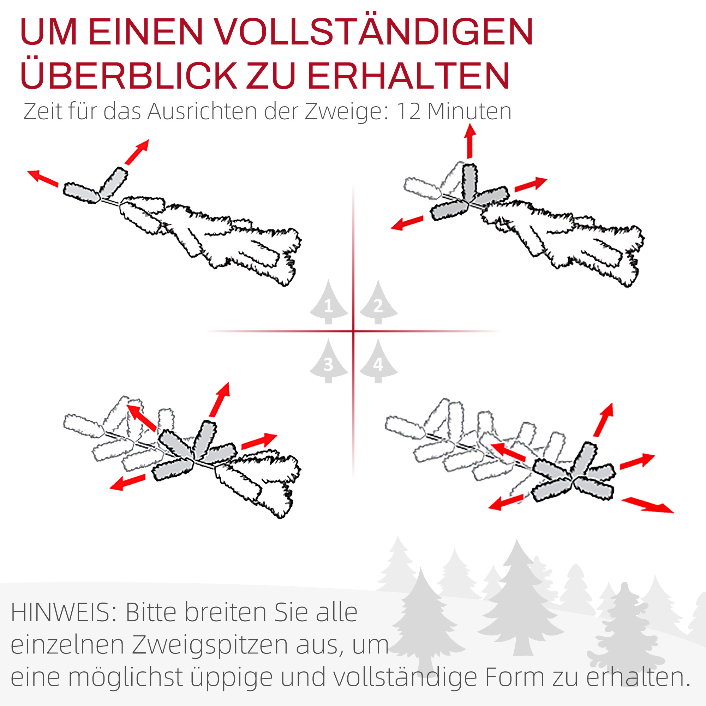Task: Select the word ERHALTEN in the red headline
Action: pyautogui.click(x=408, y=76)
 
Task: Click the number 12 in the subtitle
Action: pyautogui.click(x=408, y=112)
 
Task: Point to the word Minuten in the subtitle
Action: pyautogui.click(x=469, y=112)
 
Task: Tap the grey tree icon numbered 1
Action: pyautogui.click(x=329, y=303)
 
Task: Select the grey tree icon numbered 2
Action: pyautogui.click(x=378, y=303)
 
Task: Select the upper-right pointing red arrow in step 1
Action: pyautogui.click(x=137, y=152)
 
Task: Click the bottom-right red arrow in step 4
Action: pyautogui.click(x=647, y=505)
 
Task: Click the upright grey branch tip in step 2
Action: pyautogui.click(x=469, y=181)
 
